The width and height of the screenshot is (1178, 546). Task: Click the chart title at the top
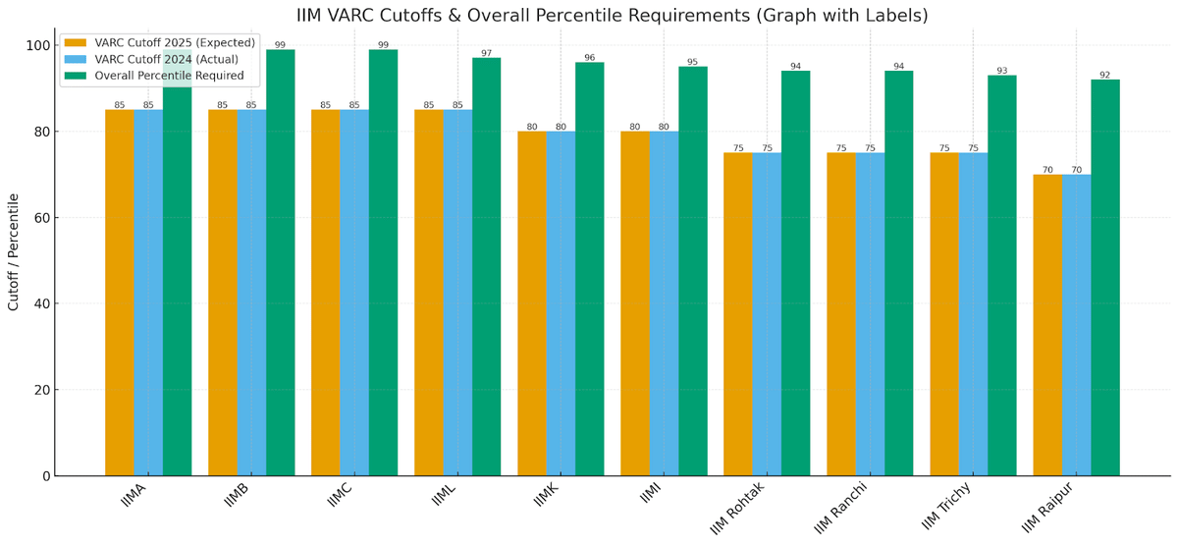[612, 15]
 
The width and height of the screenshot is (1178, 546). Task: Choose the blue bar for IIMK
[561, 303]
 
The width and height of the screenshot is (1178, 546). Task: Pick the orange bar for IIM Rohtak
[738, 314]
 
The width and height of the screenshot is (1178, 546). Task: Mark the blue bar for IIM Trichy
[973, 314]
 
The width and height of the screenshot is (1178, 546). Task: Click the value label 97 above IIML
[487, 53]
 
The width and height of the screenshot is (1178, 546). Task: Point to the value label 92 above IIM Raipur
[1105, 75]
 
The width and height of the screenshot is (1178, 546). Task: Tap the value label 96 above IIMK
[590, 57]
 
